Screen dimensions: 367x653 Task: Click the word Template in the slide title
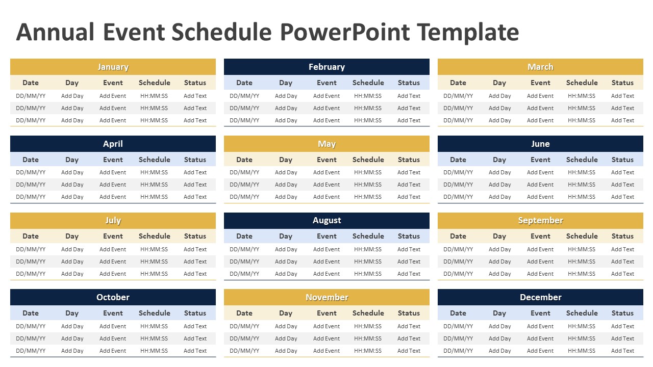[x=468, y=32]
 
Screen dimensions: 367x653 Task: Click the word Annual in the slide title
[x=55, y=32]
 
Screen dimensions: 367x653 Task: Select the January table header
[x=113, y=67]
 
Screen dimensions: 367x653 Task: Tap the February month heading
[x=326, y=67]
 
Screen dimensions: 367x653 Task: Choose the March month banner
[x=540, y=67]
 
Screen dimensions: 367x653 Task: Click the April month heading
[x=113, y=144]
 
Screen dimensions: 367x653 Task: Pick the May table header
[x=326, y=144]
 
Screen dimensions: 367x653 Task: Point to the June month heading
[x=540, y=144]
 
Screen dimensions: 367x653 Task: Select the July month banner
[x=113, y=220]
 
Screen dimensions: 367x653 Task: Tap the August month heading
[x=326, y=220]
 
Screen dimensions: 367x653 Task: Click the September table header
[x=540, y=220]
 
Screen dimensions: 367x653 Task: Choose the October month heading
[x=113, y=297]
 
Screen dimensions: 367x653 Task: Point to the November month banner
[x=326, y=297]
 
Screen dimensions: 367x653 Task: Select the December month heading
[x=540, y=297]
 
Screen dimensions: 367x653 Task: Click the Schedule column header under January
[x=154, y=83]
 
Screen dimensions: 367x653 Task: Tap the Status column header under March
[x=622, y=83]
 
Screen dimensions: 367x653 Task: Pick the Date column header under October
[x=31, y=313]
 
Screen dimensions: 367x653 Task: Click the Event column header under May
[x=326, y=160]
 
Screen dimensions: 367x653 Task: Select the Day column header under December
[x=499, y=313]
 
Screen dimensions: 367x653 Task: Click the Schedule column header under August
[x=368, y=236]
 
